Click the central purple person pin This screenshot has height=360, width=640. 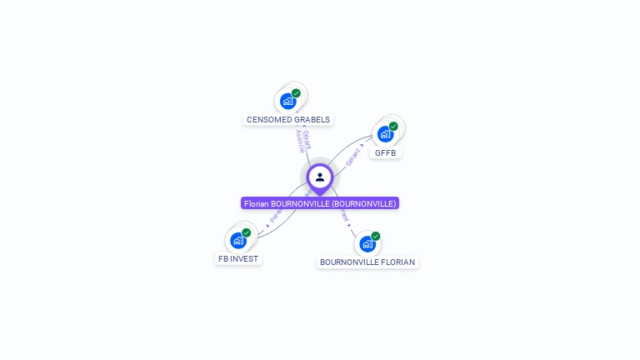320,177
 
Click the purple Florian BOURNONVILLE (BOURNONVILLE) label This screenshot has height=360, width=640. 320,203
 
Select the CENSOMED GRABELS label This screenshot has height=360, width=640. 288,119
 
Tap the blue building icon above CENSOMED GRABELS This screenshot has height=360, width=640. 288,102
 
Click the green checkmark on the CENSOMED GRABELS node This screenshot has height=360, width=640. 296,93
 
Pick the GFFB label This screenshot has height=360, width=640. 385,152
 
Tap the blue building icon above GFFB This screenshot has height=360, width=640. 385,133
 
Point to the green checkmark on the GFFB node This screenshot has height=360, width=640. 393,126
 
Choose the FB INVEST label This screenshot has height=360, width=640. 239,258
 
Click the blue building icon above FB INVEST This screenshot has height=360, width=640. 238,241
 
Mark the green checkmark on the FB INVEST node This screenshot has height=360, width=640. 246,232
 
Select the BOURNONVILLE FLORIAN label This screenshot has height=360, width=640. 367,262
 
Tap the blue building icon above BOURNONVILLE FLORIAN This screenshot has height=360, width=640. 367,243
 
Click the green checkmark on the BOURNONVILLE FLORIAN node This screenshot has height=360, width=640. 376,236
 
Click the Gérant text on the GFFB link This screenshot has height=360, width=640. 354,154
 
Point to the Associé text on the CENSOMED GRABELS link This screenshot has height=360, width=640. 300,141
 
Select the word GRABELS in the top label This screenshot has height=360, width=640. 312,119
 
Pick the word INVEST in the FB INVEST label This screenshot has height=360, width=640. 245,258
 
